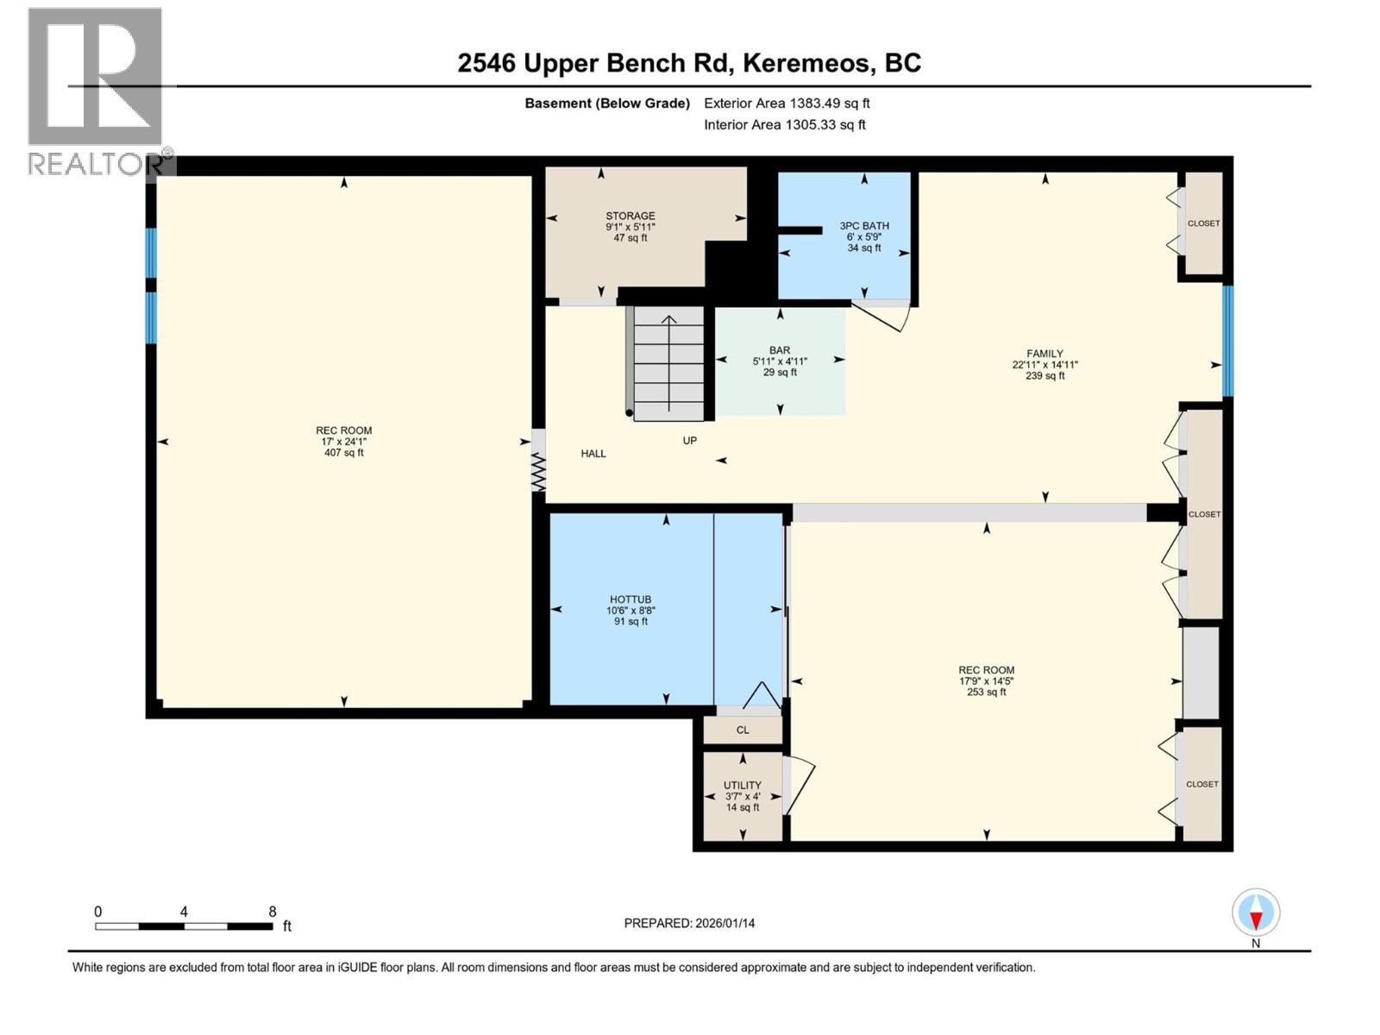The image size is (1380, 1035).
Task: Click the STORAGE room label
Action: pyautogui.click(x=630, y=216)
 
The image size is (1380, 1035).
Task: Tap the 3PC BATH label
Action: pyautogui.click(x=864, y=226)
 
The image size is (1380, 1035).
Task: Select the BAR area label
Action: pyautogui.click(x=780, y=350)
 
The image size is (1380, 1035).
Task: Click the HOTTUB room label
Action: pyautogui.click(x=630, y=599)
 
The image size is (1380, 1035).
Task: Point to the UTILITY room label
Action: pyautogui.click(x=743, y=785)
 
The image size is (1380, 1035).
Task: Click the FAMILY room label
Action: pyautogui.click(x=1044, y=354)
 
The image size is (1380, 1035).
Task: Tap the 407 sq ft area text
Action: pyautogui.click(x=343, y=453)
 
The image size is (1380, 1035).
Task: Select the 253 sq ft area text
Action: pyautogui.click(x=986, y=692)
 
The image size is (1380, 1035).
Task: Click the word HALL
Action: pyautogui.click(x=593, y=453)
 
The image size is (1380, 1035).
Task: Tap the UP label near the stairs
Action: pyautogui.click(x=690, y=440)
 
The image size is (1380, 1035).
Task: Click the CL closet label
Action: pyautogui.click(x=743, y=730)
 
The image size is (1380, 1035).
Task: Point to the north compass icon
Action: pyautogui.click(x=1256, y=913)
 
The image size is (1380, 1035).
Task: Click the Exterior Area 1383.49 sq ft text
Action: pyautogui.click(x=787, y=103)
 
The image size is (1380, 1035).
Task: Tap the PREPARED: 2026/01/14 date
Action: pyautogui.click(x=689, y=923)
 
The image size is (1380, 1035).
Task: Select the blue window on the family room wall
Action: pyautogui.click(x=1227, y=342)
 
